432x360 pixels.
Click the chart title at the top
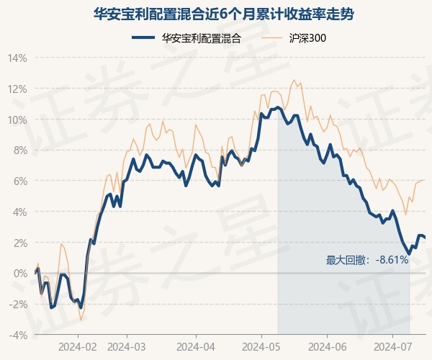click(223, 14)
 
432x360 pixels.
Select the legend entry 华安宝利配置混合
click(186, 38)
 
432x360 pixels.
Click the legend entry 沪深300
click(294, 38)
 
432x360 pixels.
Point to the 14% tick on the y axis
click(17, 58)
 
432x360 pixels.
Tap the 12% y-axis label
click(17, 89)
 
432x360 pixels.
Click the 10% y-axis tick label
click(17, 120)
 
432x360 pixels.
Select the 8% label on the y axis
click(20, 150)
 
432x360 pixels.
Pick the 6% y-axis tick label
click(20, 181)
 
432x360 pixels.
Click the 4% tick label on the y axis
click(20, 212)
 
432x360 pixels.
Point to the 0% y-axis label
click(20, 274)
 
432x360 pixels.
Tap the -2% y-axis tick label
click(18, 305)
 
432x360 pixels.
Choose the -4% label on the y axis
click(18, 336)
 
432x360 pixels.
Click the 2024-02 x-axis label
click(78, 347)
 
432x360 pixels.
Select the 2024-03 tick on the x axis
click(127, 347)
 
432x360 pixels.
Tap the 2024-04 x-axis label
click(196, 347)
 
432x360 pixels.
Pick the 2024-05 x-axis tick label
click(261, 347)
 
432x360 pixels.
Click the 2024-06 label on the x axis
click(328, 347)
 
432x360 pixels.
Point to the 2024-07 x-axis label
click(392, 347)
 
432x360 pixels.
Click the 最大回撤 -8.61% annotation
click(367, 260)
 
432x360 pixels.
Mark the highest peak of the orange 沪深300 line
click(294, 80)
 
